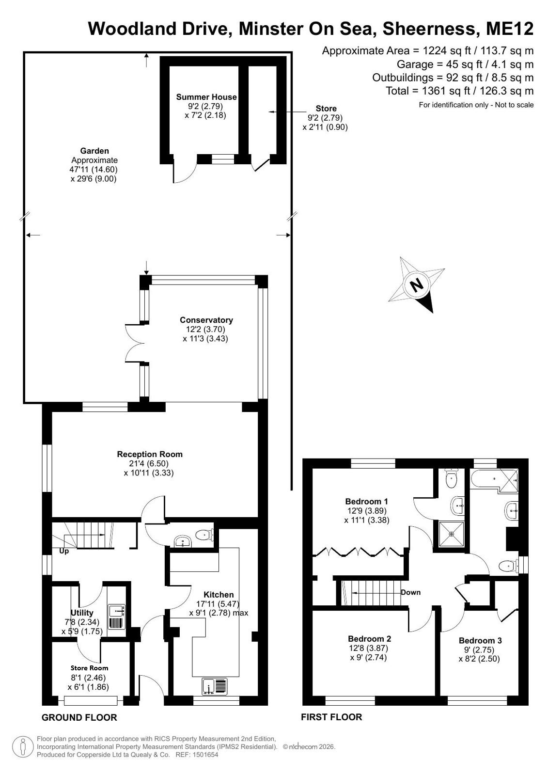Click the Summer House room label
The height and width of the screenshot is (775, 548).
(206, 97)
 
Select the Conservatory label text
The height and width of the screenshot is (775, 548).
(206, 320)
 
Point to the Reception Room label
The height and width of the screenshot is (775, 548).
(149, 454)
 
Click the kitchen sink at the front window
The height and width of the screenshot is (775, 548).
(215, 687)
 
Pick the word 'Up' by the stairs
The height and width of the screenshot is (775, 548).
(64, 551)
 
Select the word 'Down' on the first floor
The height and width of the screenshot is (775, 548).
(411, 592)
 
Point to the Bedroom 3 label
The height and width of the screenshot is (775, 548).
(480, 641)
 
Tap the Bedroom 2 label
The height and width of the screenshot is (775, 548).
(370, 639)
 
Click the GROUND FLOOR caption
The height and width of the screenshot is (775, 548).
(79, 718)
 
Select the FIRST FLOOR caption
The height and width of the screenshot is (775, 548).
(331, 717)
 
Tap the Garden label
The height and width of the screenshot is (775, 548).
(94, 151)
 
